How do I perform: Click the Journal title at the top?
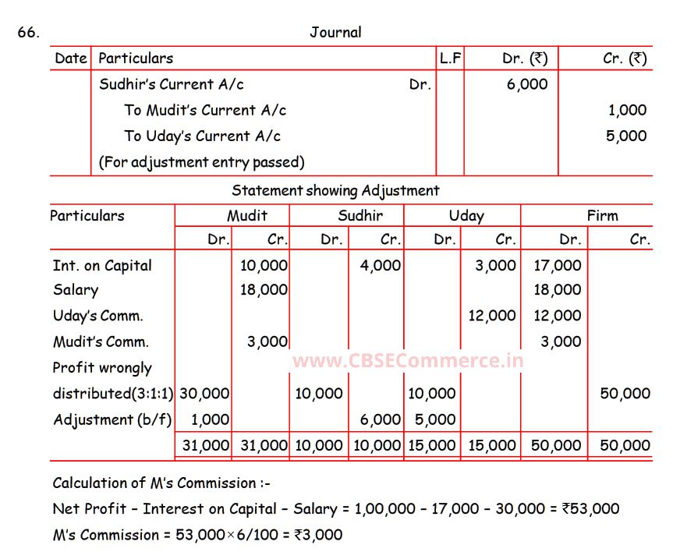335,32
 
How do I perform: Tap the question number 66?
28,32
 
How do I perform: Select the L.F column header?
450,58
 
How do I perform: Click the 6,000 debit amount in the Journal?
527,84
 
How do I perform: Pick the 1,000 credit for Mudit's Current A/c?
627,110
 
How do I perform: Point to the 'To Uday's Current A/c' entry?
202,136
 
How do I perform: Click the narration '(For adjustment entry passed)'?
201,162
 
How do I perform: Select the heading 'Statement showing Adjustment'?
335,190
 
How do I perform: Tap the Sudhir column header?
360,216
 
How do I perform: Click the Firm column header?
602,216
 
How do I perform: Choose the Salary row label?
76,290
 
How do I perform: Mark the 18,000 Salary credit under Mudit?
264,290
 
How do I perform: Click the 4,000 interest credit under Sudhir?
381,265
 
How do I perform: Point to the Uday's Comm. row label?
98,316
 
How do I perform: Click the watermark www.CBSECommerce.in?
408,361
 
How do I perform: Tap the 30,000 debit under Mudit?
206,394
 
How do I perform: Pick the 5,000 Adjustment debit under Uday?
435,419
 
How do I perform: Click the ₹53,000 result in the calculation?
590,509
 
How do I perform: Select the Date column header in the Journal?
71,58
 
